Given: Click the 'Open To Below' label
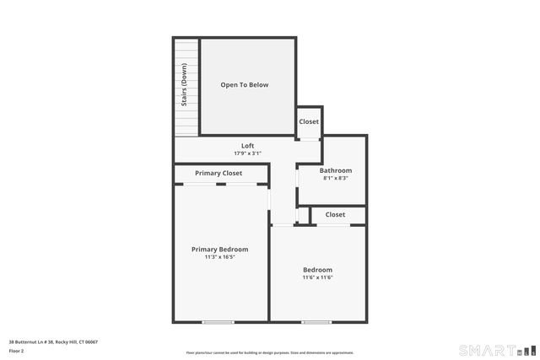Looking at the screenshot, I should coord(244,85).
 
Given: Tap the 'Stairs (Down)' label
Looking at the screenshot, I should coord(184,86).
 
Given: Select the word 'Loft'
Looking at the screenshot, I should coord(247,146).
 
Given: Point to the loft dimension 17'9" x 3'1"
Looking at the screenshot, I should coord(247,153).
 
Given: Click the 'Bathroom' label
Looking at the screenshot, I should coord(335,170).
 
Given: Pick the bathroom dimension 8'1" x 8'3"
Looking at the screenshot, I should coord(335,178).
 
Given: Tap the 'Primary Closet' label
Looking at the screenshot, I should coord(219,173).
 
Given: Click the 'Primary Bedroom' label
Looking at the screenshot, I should coord(219,250).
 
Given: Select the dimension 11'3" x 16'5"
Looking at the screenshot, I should coord(219,257).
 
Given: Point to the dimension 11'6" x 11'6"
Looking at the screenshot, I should coord(318,277).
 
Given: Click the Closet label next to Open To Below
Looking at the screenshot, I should coord(309,121).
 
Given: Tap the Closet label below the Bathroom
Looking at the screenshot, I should coord(335,215).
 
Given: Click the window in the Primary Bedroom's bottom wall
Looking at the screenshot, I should coord(219,321).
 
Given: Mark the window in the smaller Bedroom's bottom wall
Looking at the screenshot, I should coord(316,321).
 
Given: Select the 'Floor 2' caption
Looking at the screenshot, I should coord(17,351).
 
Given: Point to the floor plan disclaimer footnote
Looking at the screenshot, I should coord(269,352).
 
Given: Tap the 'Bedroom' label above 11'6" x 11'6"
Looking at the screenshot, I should coord(318,270).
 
